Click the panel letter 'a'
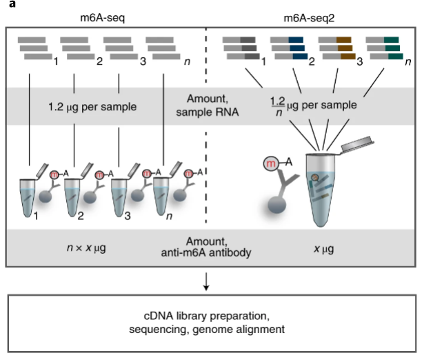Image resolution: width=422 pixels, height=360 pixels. click(x=12, y=3)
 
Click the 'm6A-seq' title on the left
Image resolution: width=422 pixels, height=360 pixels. click(x=102, y=18)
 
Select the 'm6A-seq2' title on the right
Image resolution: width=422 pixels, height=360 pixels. click(x=309, y=18)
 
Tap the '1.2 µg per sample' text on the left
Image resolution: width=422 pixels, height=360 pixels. click(x=92, y=107)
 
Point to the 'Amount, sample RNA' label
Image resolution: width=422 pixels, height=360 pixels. click(x=208, y=106)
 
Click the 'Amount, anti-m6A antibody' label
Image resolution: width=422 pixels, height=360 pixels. click(x=206, y=247)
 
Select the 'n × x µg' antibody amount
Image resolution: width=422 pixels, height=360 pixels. click(x=86, y=248)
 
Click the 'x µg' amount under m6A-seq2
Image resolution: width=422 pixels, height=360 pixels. click(x=324, y=249)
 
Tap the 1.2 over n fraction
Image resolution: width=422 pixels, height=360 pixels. click(x=278, y=106)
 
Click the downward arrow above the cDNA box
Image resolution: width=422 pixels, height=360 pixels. click(x=206, y=281)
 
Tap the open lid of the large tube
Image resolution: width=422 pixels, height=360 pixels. click(x=357, y=144)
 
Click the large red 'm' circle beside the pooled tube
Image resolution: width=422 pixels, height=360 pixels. click(x=271, y=163)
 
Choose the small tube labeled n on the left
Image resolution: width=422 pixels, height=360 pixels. click(x=161, y=196)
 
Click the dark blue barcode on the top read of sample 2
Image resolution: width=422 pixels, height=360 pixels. click(x=296, y=40)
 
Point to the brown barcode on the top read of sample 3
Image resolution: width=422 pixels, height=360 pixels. click(x=343, y=40)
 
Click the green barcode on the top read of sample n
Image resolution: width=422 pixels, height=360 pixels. click(x=392, y=40)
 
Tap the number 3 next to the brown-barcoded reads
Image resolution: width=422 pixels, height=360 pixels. click(x=359, y=62)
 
